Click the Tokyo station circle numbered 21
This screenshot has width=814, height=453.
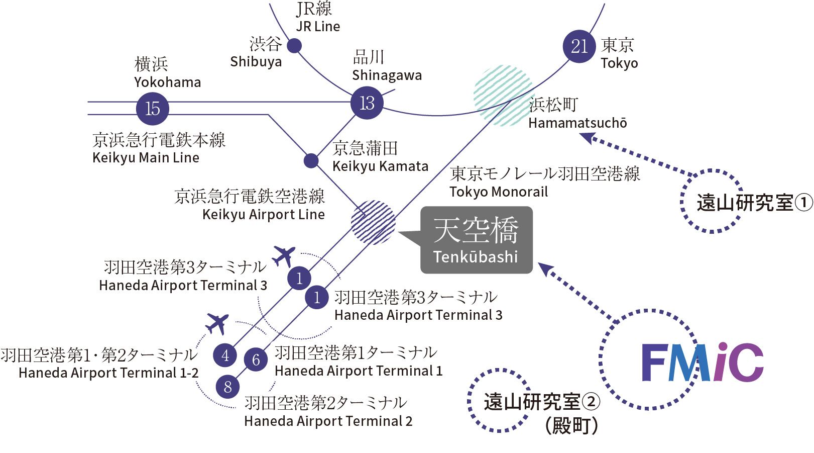[x=579, y=46]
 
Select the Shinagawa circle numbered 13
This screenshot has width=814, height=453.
[x=367, y=103]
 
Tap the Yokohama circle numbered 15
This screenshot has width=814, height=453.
[x=153, y=108]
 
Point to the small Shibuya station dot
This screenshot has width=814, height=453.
[x=294, y=46]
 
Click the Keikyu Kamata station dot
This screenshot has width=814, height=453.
[x=311, y=161]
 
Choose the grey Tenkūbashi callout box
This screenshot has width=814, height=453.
[x=476, y=240]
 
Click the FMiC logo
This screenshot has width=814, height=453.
[x=702, y=363]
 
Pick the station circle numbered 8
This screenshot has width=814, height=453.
[x=228, y=387]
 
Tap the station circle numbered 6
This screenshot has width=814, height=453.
[x=256, y=359]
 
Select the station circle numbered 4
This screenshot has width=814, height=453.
[x=225, y=355]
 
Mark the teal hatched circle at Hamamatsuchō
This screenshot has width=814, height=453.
[x=503, y=95]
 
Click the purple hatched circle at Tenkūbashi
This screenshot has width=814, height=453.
[x=373, y=222]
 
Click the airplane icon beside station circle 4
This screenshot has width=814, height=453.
[x=217, y=323]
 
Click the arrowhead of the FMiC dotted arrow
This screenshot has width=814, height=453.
[x=546, y=269]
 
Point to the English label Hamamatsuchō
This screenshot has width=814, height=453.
[x=577, y=123]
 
